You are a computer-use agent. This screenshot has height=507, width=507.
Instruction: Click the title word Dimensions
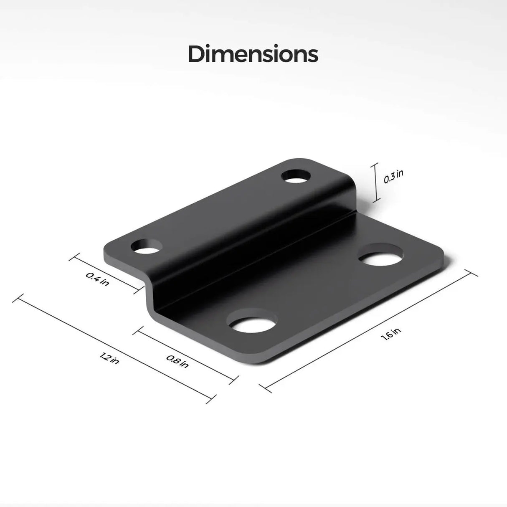(x=253, y=54)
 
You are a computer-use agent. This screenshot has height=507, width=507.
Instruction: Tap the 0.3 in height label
(x=393, y=177)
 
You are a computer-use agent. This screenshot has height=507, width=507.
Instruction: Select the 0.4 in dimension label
(x=98, y=279)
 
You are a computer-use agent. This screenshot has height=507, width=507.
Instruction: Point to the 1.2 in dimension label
(x=109, y=358)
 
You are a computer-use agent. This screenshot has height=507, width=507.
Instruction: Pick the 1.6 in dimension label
(x=391, y=335)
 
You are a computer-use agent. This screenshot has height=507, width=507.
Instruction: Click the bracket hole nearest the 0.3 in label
(x=297, y=175)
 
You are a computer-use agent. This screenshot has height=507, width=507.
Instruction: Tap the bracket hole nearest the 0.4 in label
(x=146, y=247)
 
